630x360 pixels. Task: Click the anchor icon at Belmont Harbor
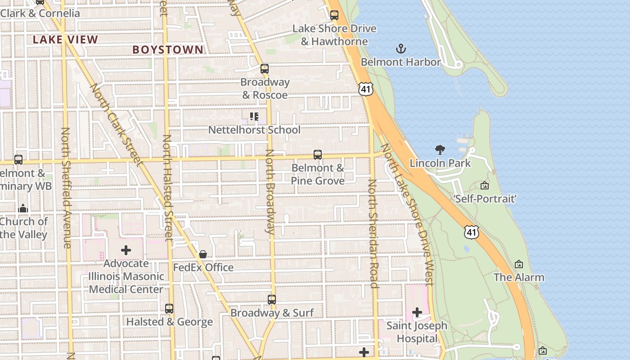click(400, 49)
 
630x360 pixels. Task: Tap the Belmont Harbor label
click(400, 62)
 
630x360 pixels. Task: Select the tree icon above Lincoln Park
click(440, 150)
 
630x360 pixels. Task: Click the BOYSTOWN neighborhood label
click(168, 50)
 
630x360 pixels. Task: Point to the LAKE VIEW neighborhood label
click(65, 40)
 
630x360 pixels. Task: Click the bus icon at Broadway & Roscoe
click(265, 69)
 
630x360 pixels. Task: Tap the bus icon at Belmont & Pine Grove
click(318, 155)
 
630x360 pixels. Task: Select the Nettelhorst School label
click(254, 130)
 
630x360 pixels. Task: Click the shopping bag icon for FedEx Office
click(203, 254)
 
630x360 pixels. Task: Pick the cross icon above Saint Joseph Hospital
click(417, 312)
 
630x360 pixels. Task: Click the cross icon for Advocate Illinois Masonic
click(126, 250)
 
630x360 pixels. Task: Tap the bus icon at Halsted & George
click(169, 309)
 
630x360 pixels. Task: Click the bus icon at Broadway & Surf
click(272, 300)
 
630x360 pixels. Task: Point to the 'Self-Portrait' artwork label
click(485, 198)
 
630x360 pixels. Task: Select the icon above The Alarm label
click(519, 264)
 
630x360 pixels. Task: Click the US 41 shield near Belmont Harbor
click(366, 89)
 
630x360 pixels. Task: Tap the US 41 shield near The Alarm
click(471, 232)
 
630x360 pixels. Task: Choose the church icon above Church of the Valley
click(23, 208)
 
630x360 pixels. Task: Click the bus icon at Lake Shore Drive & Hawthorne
click(334, 15)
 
